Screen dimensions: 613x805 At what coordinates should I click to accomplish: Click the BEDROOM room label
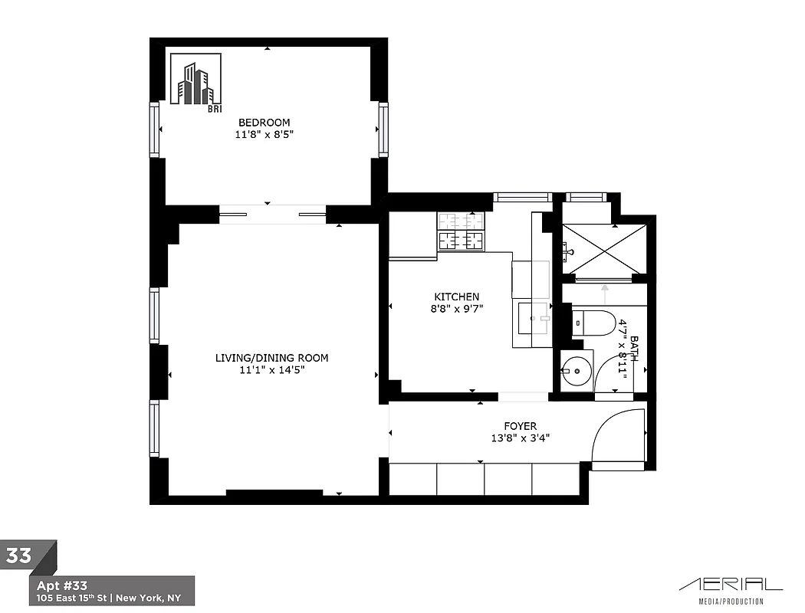tap(264, 123)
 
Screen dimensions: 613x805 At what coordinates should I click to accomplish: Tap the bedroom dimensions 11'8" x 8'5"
tap(264, 134)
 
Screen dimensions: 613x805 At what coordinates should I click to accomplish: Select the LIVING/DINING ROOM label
tap(271, 358)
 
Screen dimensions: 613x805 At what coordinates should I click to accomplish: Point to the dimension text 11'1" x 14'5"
tap(271, 370)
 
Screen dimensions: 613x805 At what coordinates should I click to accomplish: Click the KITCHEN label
tap(456, 297)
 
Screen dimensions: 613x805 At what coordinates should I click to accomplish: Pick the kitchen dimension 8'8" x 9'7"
tap(456, 308)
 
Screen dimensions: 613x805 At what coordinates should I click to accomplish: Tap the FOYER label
tap(520, 426)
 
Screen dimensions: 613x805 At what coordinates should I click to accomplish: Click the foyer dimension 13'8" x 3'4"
tap(520, 438)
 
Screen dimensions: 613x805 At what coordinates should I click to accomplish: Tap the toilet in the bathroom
tap(594, 323)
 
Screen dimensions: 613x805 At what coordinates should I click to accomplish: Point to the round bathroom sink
tap(576, 371)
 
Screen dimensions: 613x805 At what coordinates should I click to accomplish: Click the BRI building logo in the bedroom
tap(196, 83)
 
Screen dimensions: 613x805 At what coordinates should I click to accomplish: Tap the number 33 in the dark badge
tap(20, 556)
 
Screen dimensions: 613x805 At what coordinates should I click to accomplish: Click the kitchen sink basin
tap(534, 318)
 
